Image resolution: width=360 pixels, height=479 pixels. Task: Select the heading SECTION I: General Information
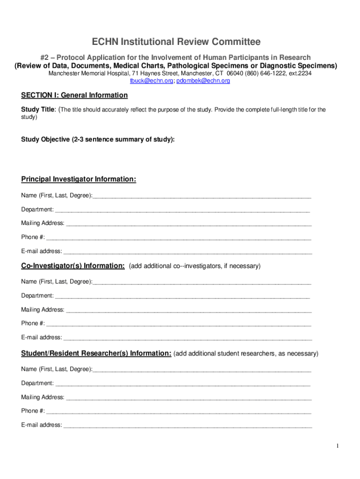(74, 95)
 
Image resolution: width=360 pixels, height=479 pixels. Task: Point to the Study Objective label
(98, 139)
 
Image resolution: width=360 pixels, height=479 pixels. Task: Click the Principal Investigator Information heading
(79, 180)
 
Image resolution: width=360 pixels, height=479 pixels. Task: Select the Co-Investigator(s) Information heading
(72, 266)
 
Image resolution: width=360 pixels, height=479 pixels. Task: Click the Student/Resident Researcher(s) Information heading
(96, 353)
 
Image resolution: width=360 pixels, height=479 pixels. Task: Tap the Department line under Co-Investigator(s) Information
(182, 296)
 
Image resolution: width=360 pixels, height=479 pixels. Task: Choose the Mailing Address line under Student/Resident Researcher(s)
(188, 398)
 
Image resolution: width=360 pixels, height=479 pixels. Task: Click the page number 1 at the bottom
(337, 446)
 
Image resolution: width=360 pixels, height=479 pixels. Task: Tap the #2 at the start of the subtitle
(45, 58)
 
